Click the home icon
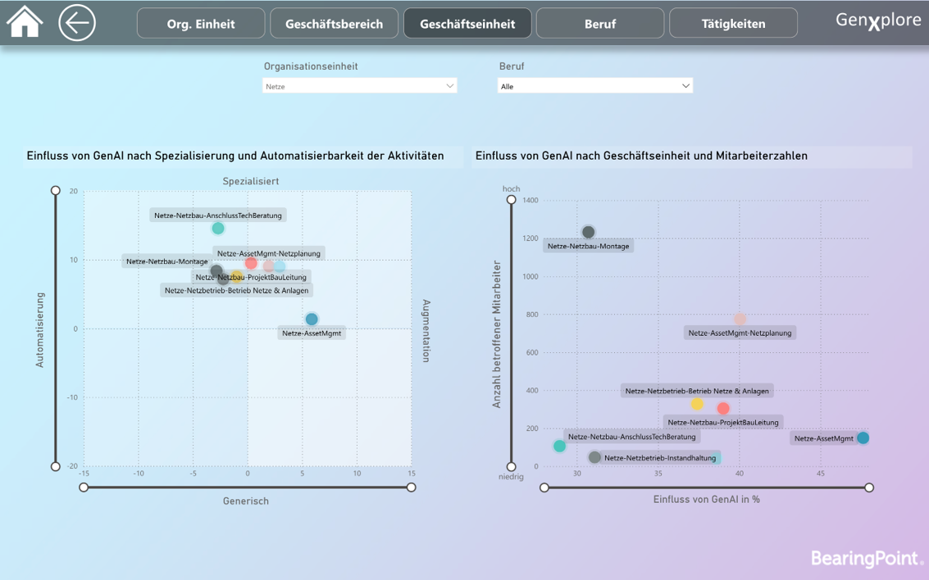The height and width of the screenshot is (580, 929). (25, 22)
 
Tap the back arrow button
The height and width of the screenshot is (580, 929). (77, 23)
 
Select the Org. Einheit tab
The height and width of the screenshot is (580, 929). (201, 24)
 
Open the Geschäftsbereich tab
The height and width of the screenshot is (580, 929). (334, 24)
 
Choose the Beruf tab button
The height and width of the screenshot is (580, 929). (600, 24)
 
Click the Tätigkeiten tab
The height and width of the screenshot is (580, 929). (733, 24)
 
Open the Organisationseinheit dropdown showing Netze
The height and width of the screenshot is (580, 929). (359, 86)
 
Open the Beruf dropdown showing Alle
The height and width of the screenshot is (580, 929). (594, 86)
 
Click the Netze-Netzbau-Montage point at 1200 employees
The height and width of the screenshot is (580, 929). (588, 233)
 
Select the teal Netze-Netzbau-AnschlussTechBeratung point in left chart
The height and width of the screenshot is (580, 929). (218, 229)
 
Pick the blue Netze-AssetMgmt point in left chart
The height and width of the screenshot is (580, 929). (312, 319)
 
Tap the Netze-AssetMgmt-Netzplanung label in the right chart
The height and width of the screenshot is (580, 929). (740, 333)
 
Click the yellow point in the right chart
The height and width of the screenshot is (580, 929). (697, 404)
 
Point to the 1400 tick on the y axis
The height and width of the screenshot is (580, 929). (530, 201)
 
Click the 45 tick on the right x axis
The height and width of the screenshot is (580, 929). (820, 474)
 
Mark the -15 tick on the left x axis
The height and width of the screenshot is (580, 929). (84, 474)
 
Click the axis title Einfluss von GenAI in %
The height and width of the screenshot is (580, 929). (706, 499)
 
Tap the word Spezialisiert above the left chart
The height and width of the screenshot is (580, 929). (251, 181)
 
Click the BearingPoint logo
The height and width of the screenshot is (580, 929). (867, 559)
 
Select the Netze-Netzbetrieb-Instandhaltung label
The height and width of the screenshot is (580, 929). (659, 458)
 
